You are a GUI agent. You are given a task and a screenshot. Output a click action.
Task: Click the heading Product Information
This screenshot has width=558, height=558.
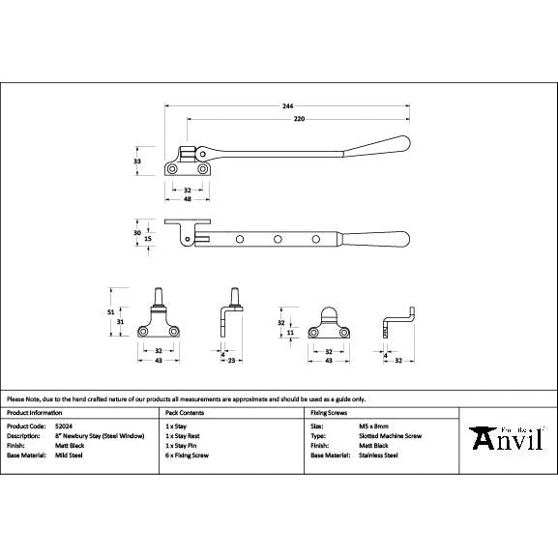point(36,412)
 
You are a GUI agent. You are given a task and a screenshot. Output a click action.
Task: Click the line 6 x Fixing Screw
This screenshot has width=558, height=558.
point(188,455)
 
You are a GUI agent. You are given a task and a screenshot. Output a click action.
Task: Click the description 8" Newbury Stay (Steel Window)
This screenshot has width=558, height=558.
point(97,435)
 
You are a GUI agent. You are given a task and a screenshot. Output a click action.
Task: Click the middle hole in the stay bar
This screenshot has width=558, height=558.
point(279,238)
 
